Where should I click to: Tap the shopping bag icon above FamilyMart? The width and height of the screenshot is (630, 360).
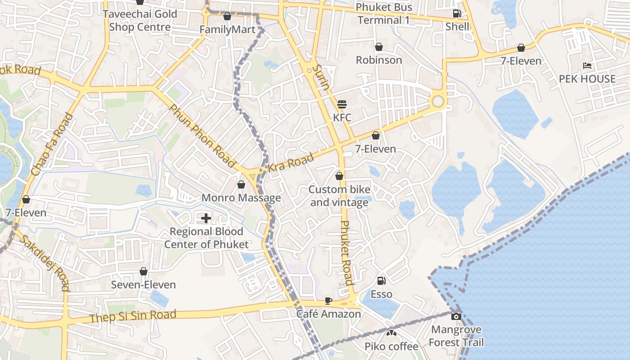pyautogui.click(x=227, y=17)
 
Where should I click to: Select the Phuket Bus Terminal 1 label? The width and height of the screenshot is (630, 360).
pyautogui.click(x=383, y=13)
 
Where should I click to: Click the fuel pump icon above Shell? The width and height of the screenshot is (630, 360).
pyautogui.click(x=457, y=13)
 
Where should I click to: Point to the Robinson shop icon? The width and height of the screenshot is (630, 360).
pyautogui.click(x=379, y=47)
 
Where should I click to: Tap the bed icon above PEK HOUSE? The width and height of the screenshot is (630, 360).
pyautogui.click(x=587, y=66)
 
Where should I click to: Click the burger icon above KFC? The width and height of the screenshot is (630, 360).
pyautogui.click(x=342, y=104)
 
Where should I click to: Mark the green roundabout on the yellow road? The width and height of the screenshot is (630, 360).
pyautogui.click(x=438, y=101)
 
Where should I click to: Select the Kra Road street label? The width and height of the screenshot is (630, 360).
pyautogui.click(x=291, y=163)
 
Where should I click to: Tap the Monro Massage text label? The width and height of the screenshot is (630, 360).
pyautogui.click(x=241, y=198)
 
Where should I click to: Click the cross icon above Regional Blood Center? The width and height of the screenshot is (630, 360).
pyautogui.click(x=206, y=219)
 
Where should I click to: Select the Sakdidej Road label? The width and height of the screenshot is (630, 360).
pyautogui.click(x=45, y=263)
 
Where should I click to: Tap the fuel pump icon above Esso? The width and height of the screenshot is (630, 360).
pyautogui.click(x=381, y=281)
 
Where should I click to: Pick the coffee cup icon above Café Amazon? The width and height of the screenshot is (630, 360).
pyautogui.click(x=328, y=301)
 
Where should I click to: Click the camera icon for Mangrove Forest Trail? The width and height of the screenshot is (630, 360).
pyautogui.click(x=456, y=316)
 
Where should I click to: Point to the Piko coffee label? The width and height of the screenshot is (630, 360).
pyautogui.click(x=391, y=346)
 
